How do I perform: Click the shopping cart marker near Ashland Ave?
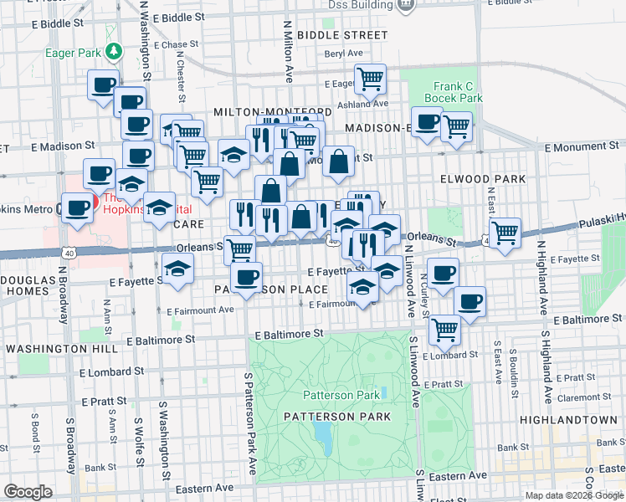[x=370, y=80]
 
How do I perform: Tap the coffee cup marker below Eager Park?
[x=104, y=85]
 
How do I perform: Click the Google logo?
[x=28, y=492]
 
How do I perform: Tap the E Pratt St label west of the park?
[x=103, y=402]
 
